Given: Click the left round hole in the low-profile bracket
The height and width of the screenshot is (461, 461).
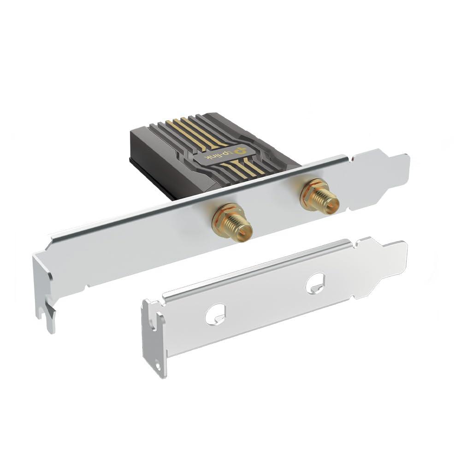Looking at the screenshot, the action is (x=215, y=314).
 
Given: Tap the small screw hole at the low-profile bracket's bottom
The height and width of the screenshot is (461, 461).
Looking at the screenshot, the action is (x=158, y=366).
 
